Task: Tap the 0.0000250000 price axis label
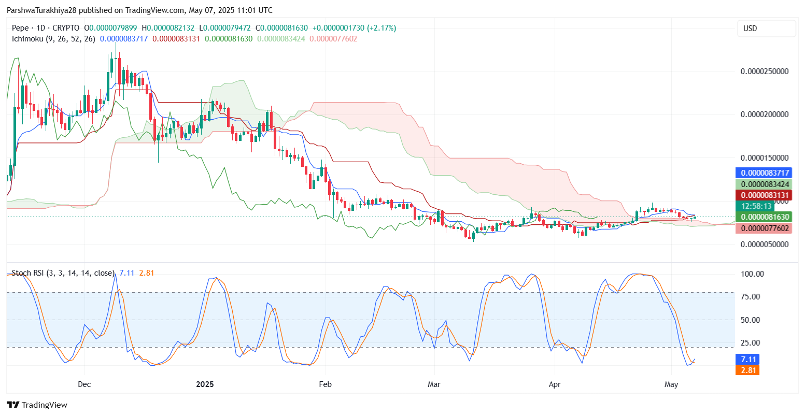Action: point(765,71)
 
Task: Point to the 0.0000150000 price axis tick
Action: point(765,158)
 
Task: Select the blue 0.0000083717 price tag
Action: point(764,173)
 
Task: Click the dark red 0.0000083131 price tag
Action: point(764,195)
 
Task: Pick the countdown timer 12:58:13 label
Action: point(757,206)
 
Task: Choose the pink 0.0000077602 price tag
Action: point(764,228)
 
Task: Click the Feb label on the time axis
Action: point(325,384)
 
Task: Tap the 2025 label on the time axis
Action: point(205,384)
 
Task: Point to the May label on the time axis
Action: point(671,384)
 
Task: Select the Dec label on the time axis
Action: point(84,384)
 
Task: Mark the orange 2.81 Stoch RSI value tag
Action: point(747,370)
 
